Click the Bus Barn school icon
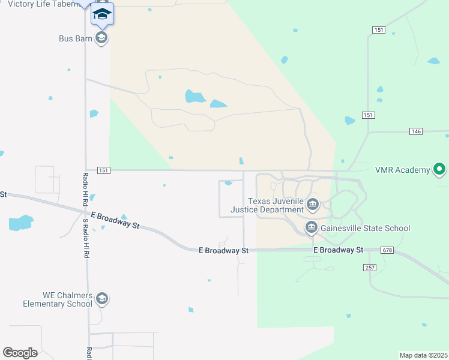(101, 38)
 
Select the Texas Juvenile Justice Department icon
(312, 205)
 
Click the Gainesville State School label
(366, 228)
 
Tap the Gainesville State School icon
(311, 227)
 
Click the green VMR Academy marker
(439, 170)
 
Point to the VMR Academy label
(402, 170)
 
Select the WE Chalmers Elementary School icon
(102, 299)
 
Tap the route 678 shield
(387, 250)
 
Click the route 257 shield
(370, 267)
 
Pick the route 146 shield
(416, 131)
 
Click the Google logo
(20, 352)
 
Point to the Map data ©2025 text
(423, 355)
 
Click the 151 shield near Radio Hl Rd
(103, 170)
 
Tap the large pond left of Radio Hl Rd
(19, 223)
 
